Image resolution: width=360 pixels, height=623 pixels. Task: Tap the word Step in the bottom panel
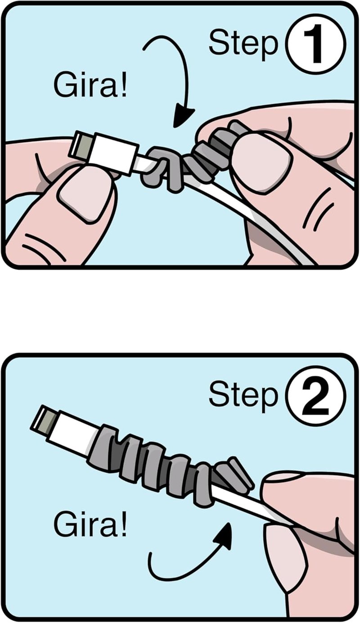pos(244,396)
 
